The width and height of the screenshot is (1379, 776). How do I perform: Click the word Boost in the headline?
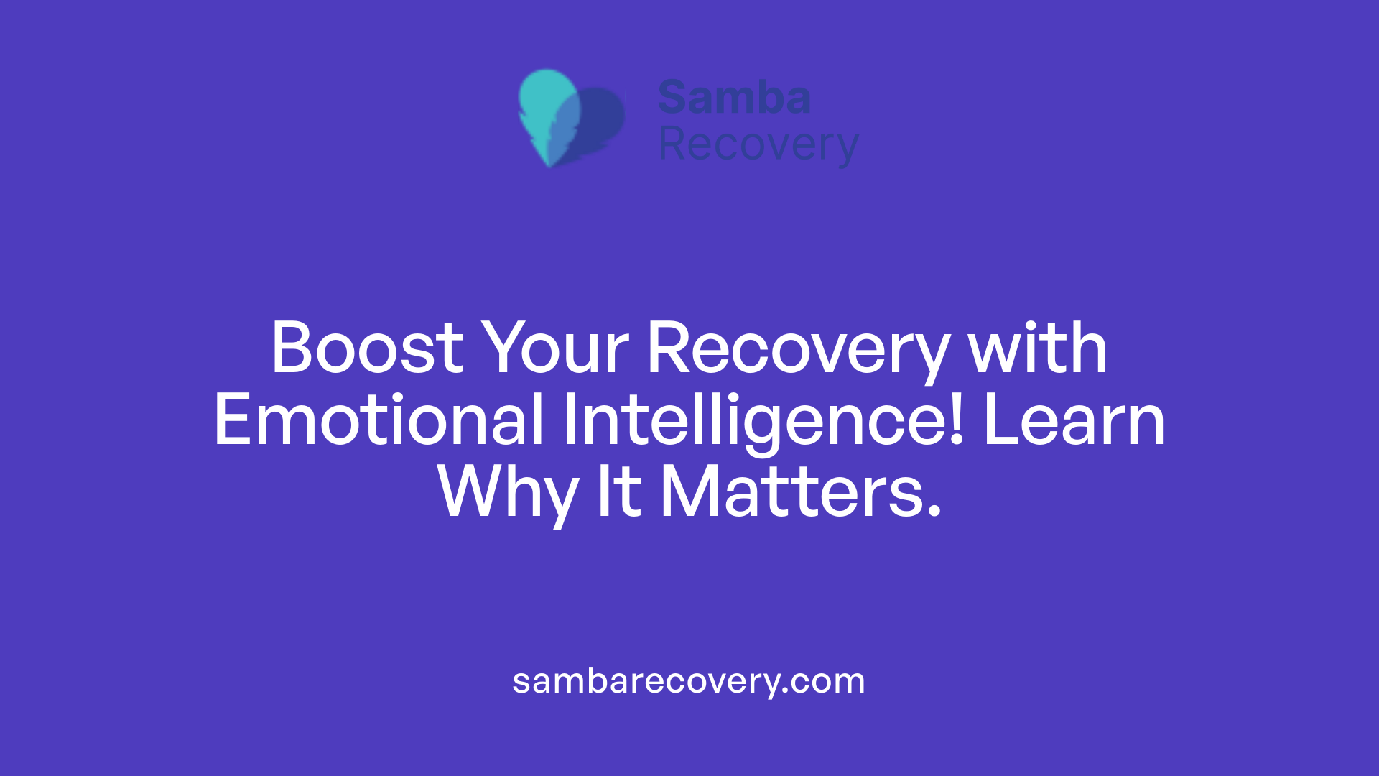click(367, 348)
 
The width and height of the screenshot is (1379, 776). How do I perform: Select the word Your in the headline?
click(554, 348)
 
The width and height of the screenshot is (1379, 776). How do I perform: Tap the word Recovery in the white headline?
click(798, 348)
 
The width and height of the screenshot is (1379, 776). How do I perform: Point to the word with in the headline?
click(1037, 348)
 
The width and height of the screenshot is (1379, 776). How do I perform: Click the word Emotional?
click(379, 421)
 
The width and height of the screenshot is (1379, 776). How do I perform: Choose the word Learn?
click(1074, 421)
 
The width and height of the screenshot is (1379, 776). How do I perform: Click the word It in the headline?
click(618, 493)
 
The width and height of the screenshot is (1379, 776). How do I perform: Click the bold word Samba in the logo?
click(734, 98)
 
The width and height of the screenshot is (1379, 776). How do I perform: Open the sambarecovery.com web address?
click(688, 681)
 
